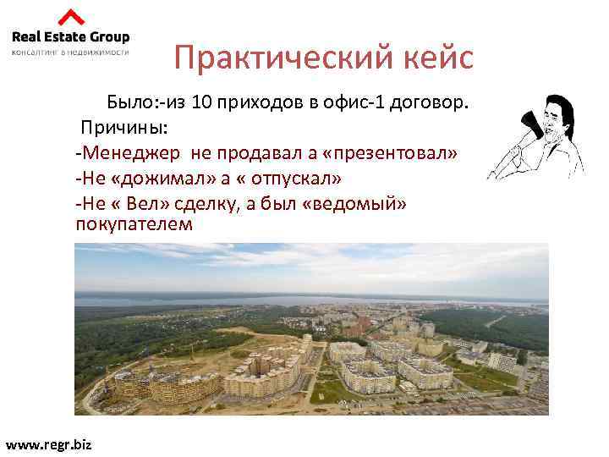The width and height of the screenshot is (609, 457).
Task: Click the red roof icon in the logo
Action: [x=71, y=17]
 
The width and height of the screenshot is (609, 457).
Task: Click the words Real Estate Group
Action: [x=71, y=36]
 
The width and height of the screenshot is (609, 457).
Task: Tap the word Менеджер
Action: [x=132, y=153]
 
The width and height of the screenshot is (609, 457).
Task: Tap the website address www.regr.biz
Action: [x=48, y=443]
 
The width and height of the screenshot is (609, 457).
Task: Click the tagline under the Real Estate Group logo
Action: [x=71, y=52]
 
